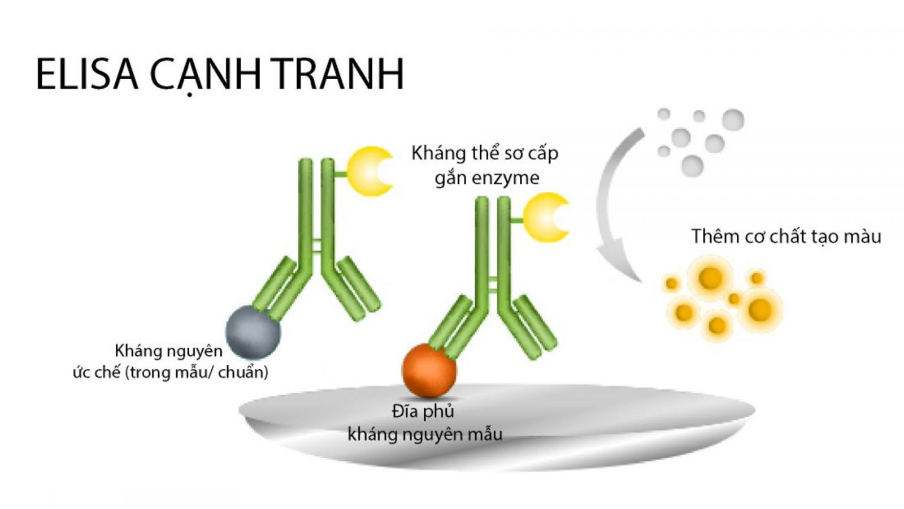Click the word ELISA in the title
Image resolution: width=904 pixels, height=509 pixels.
point(87,74)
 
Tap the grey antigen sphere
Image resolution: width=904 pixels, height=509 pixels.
point(253,332)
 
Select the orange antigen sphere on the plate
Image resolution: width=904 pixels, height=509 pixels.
point(429,370)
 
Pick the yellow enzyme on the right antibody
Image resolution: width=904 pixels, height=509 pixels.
point(544,217)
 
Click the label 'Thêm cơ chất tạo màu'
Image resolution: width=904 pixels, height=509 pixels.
point(786,236)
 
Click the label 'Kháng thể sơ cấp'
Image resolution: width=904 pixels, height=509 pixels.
point(485,153)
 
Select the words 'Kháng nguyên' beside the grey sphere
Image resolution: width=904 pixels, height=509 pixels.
point(169,351)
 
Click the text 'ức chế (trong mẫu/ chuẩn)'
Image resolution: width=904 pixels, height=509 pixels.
point(170,372)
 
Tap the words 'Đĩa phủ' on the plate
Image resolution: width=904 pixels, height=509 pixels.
point(423,412)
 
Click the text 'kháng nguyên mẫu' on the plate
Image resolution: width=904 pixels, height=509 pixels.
point(425,435)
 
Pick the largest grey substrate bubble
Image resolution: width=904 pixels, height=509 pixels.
point(733,120)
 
